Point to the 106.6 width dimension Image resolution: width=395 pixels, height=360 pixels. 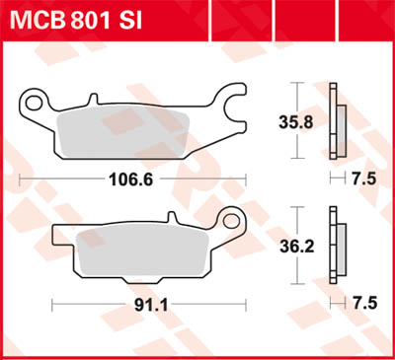pyautogui.click(x=134, y=180)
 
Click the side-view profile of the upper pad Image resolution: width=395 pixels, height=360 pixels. pyautogui.click(x=336, y=123)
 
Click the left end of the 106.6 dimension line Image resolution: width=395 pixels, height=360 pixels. pyautogui.click(x=21, y=180)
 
